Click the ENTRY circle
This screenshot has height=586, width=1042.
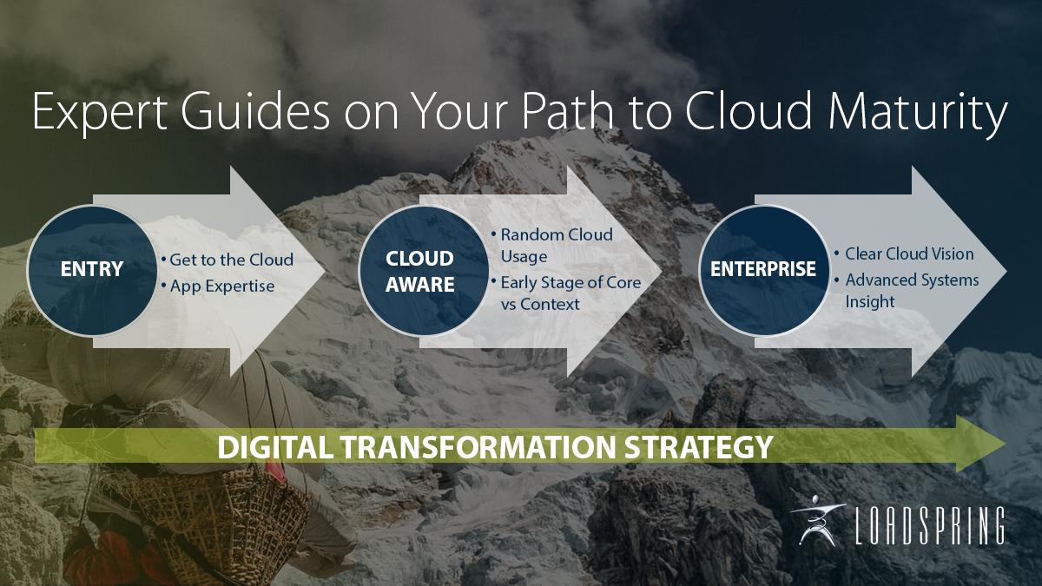pos(90,270)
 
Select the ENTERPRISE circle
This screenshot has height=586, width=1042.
pos(762,269)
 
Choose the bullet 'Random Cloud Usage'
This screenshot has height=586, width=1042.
pos(556,246)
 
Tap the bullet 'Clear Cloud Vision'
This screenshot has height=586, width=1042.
pos(903,253)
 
